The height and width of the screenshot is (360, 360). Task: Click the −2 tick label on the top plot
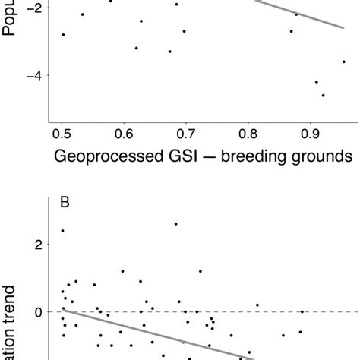point(30,6)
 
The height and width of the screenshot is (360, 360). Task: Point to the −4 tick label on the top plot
point(30,75)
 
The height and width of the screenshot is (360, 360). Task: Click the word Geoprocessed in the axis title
point(107,157)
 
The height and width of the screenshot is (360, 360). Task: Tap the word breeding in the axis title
point(263,157)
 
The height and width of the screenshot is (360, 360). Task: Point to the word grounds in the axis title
point(328,157)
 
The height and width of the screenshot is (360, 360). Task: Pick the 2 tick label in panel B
point(37,245)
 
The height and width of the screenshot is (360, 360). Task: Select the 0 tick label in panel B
point(37,312)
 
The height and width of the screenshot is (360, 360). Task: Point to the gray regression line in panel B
point(152,333)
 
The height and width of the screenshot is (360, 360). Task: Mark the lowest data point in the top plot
point(323,95)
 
